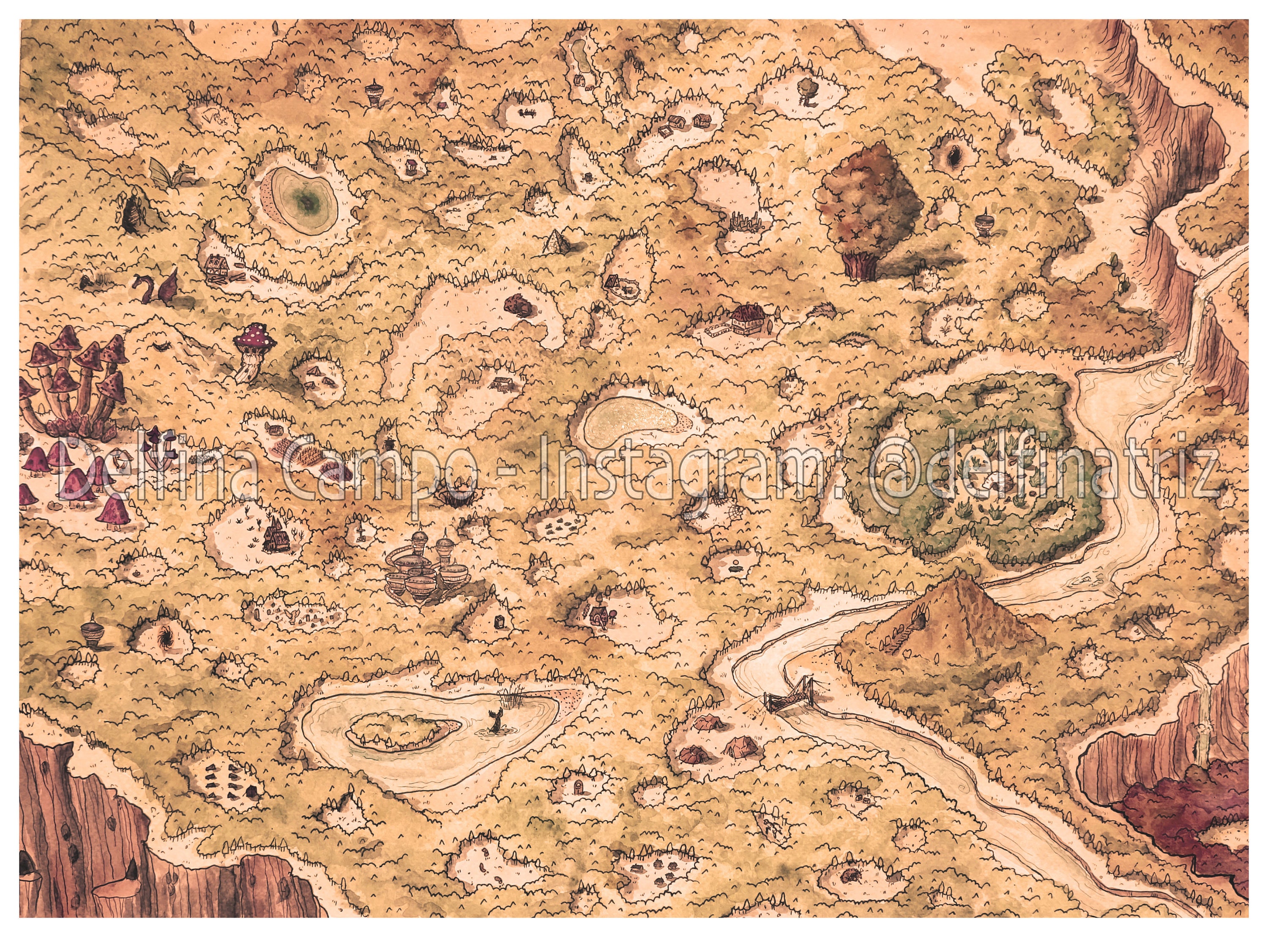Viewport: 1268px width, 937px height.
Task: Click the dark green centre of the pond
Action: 307,198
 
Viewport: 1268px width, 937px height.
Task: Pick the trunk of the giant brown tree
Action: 861,264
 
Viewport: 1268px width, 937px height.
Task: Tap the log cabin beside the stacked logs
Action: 217,265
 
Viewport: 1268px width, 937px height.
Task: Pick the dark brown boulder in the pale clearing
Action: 516,304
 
